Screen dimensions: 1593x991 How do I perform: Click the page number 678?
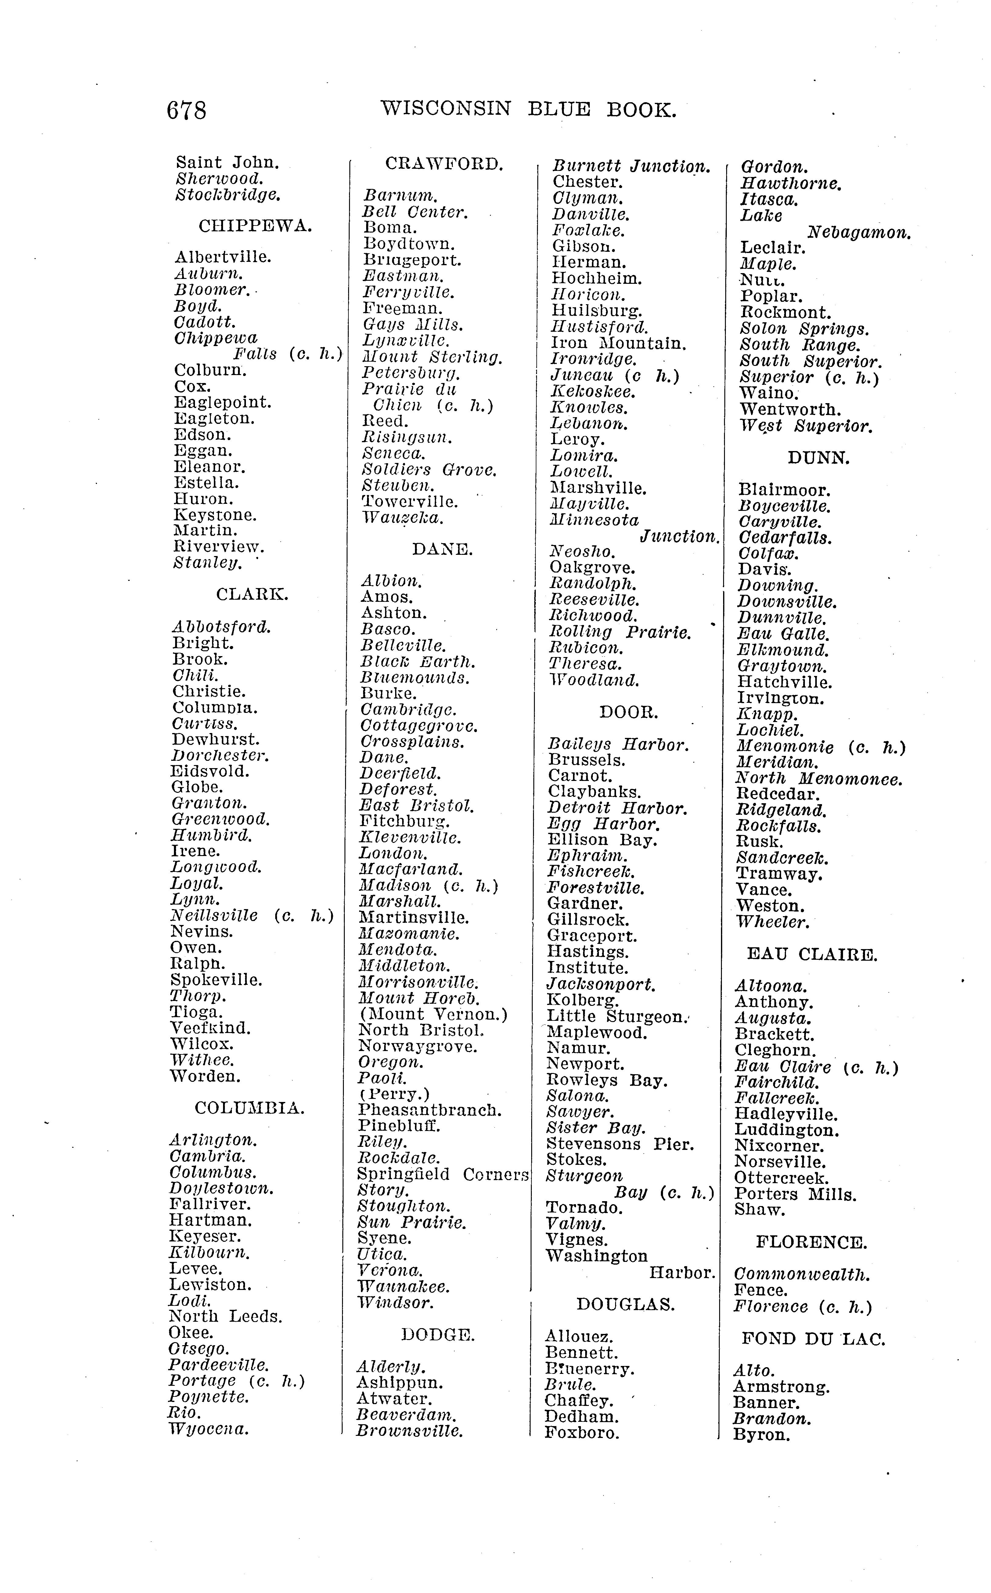click(187, 110)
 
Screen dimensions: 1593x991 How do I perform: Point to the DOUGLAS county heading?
click(625, 1305)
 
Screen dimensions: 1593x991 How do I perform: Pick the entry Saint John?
click(227, 163)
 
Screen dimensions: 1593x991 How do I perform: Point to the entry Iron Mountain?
click(618, 344)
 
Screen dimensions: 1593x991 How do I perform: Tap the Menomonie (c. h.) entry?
click(820, 747)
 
